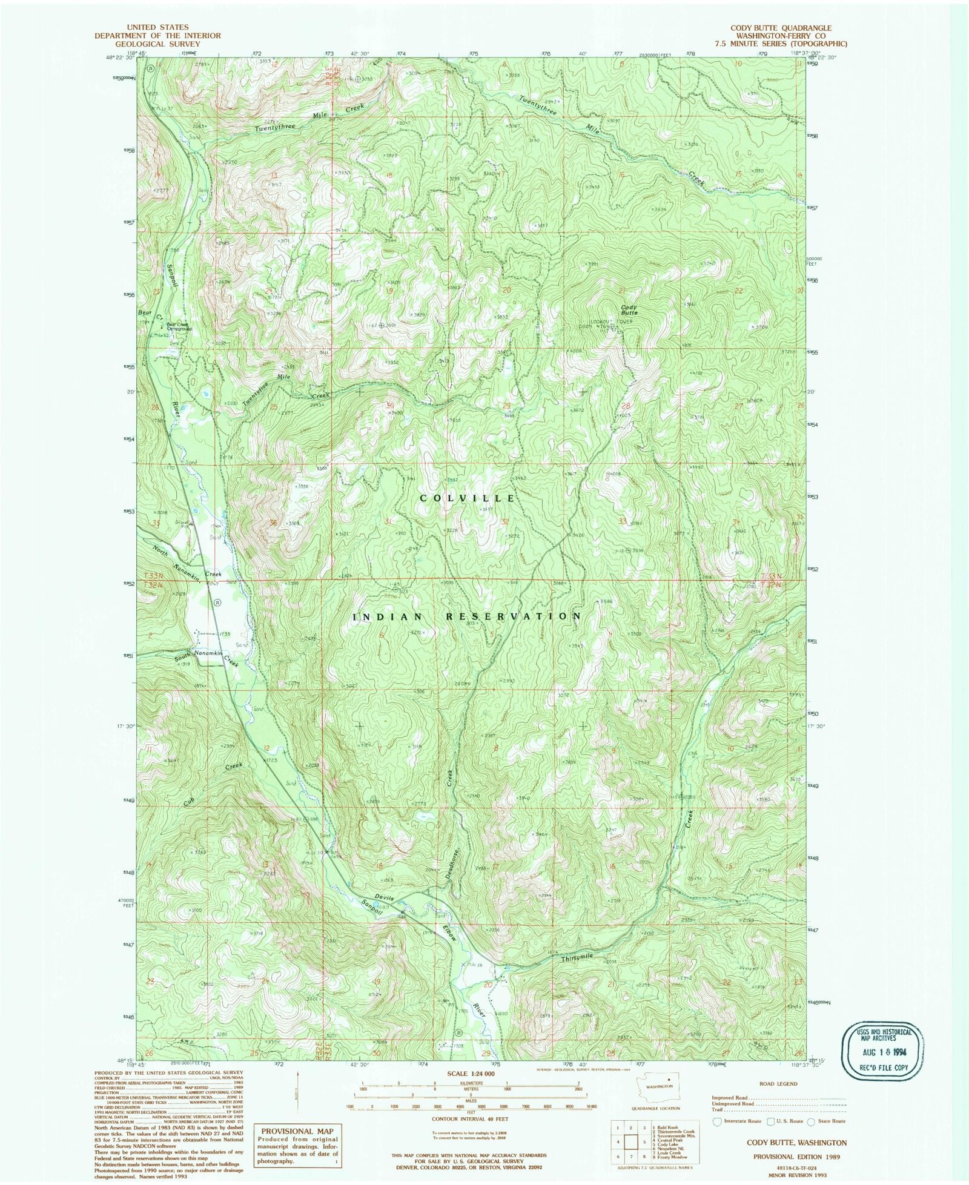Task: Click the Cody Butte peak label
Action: point(629,310)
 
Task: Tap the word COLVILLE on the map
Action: point(468,498)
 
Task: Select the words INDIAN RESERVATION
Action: point(467,616)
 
